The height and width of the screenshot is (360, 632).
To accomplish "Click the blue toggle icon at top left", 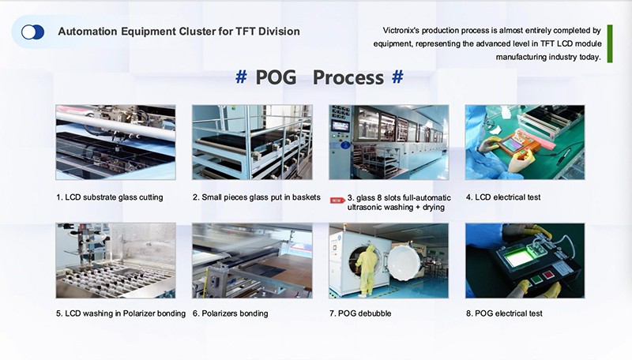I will [x=32, y=32].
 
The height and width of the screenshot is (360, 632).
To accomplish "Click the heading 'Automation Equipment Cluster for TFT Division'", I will [x=179, y=32].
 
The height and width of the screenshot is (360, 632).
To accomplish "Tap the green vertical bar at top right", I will [x=610, y=43].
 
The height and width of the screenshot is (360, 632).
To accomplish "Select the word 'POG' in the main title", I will [x=277, y=77].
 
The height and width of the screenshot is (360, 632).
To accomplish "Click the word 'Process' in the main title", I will [x=348, y=77].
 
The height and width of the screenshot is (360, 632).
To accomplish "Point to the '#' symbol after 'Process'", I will [x=397, y=77].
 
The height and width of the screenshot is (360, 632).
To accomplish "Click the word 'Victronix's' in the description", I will [x=408, y=30].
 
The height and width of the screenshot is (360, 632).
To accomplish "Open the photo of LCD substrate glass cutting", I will [x=115, y=142].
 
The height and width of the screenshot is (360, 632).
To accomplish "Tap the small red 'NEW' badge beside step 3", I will [x=336, y=201].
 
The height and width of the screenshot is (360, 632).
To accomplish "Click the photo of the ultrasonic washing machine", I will [x=389, y=142].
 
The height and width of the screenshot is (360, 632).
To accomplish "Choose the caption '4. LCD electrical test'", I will [x=504, y=197].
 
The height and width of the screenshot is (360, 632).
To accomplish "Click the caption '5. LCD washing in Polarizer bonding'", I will [x=121, y=313].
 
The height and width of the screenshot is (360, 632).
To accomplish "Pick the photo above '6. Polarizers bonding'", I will [x=252, y=261].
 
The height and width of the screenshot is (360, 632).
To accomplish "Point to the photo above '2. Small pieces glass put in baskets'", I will [x=252, y=142].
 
